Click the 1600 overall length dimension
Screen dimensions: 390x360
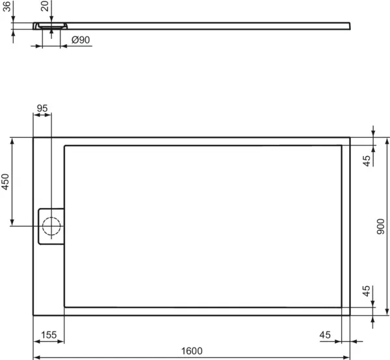click(x=192, y=351)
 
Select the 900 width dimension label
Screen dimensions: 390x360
click(x=380, y=226)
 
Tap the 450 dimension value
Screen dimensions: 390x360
click(x=5, y=182)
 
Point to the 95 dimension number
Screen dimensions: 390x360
click(x=42, y=109)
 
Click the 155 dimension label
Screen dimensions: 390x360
click(x=49, y=335)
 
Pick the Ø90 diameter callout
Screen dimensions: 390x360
click(x=81, y=40)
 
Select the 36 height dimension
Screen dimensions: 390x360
click(x=7, y=6)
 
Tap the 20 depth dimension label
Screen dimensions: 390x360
click(x=45, y=6)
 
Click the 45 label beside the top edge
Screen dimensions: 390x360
click(x=367, y=161)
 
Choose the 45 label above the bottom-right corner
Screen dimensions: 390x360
click(x=366, y=291)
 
